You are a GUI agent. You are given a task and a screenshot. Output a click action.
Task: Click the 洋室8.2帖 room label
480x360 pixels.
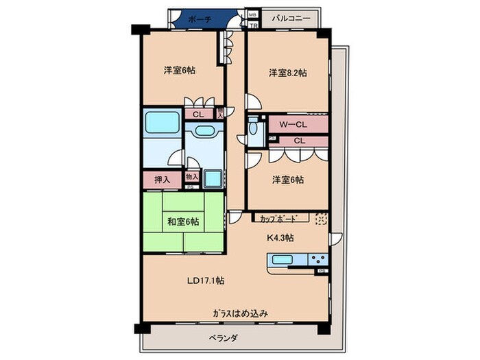[287, 72]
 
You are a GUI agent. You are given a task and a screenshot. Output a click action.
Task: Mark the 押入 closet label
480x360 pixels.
[162, 180]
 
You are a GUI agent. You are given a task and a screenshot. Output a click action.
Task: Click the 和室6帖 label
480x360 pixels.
[183, 221]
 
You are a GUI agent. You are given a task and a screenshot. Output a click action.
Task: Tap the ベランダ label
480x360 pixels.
[223, 338]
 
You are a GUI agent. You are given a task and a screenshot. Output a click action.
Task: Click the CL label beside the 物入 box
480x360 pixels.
[197, 115]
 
